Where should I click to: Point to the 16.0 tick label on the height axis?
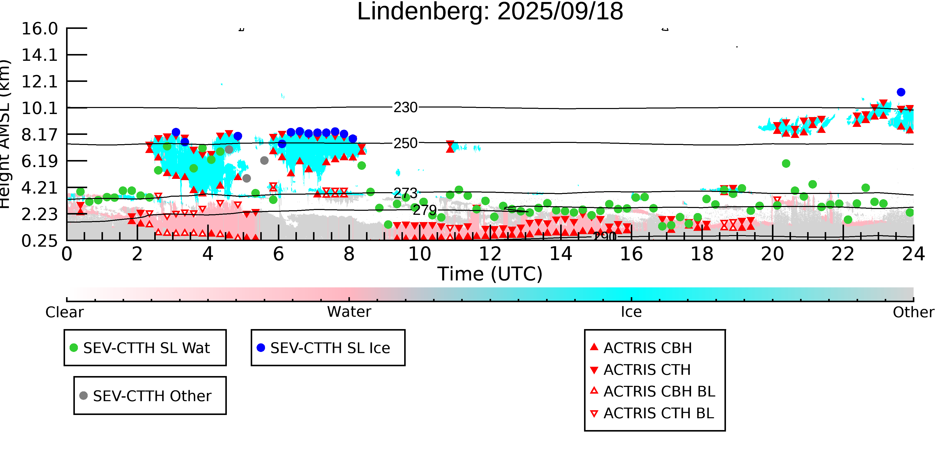click(39, 29)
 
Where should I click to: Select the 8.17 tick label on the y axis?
click(39, 135)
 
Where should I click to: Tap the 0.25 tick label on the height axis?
click(39, 241)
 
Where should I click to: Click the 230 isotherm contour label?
click(405, 108)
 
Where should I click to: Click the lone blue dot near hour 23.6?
click(901, 92)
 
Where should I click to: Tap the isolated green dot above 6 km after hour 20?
click(786, 164)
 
